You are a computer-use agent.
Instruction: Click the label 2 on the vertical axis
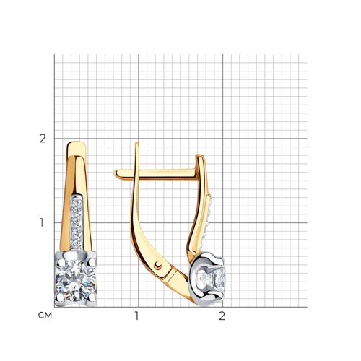tap(43, 139)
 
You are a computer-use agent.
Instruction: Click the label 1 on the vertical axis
tap(42, 222)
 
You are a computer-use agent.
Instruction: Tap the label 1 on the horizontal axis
tap(136, 316)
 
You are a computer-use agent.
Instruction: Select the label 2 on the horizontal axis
tap(222, 316)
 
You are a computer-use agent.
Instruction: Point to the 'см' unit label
tap(45, 316)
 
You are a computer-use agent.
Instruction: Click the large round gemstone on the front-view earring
tap(76, 280)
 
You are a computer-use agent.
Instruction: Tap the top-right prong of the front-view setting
tap(91, 262)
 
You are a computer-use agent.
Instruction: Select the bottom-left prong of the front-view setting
tap(60, 297)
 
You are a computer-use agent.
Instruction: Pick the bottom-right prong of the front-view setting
tap(92, 298)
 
